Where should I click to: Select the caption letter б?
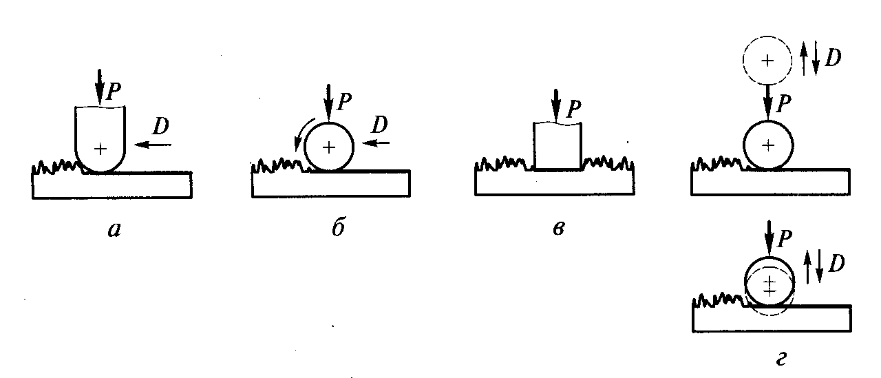337,229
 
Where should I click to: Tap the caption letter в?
558,229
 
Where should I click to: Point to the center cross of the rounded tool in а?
100,148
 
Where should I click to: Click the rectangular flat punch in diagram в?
558,145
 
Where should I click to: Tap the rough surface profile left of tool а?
56,166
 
